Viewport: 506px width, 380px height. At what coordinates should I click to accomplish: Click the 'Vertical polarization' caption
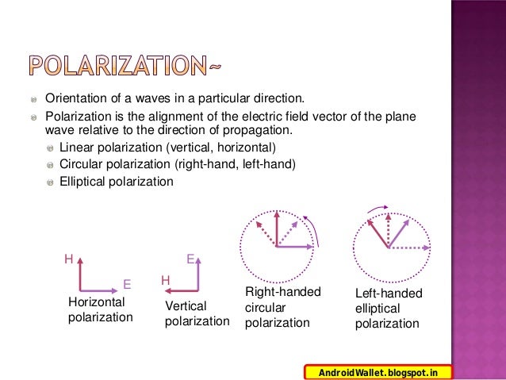pyautogui.click(x=197, y=313)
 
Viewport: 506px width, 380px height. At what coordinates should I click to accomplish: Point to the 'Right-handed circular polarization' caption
pyautogui.click(x=282, y=307)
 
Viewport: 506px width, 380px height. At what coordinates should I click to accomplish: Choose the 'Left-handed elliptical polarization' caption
pyautogui.click(x=389, y=309)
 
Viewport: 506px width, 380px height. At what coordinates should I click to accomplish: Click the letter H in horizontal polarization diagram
pyautogui.click(x=69, y=259)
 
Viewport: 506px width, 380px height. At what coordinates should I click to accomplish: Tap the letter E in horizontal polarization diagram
pyautogui.click(x=126, y=284)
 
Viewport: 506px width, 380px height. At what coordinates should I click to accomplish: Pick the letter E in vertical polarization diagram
pyautogui.click(x=190, y=259)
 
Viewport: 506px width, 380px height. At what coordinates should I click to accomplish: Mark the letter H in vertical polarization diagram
pyautogui.click(x=165, y=280)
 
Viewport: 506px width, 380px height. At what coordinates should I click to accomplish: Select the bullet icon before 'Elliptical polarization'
pyautogui.click(x=51, y=182)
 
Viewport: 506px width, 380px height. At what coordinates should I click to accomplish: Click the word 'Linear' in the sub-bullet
pyautogui.click(x=76, y=148)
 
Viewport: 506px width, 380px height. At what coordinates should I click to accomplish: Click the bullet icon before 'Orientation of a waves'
pyautogui.click(x=33, y=100)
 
